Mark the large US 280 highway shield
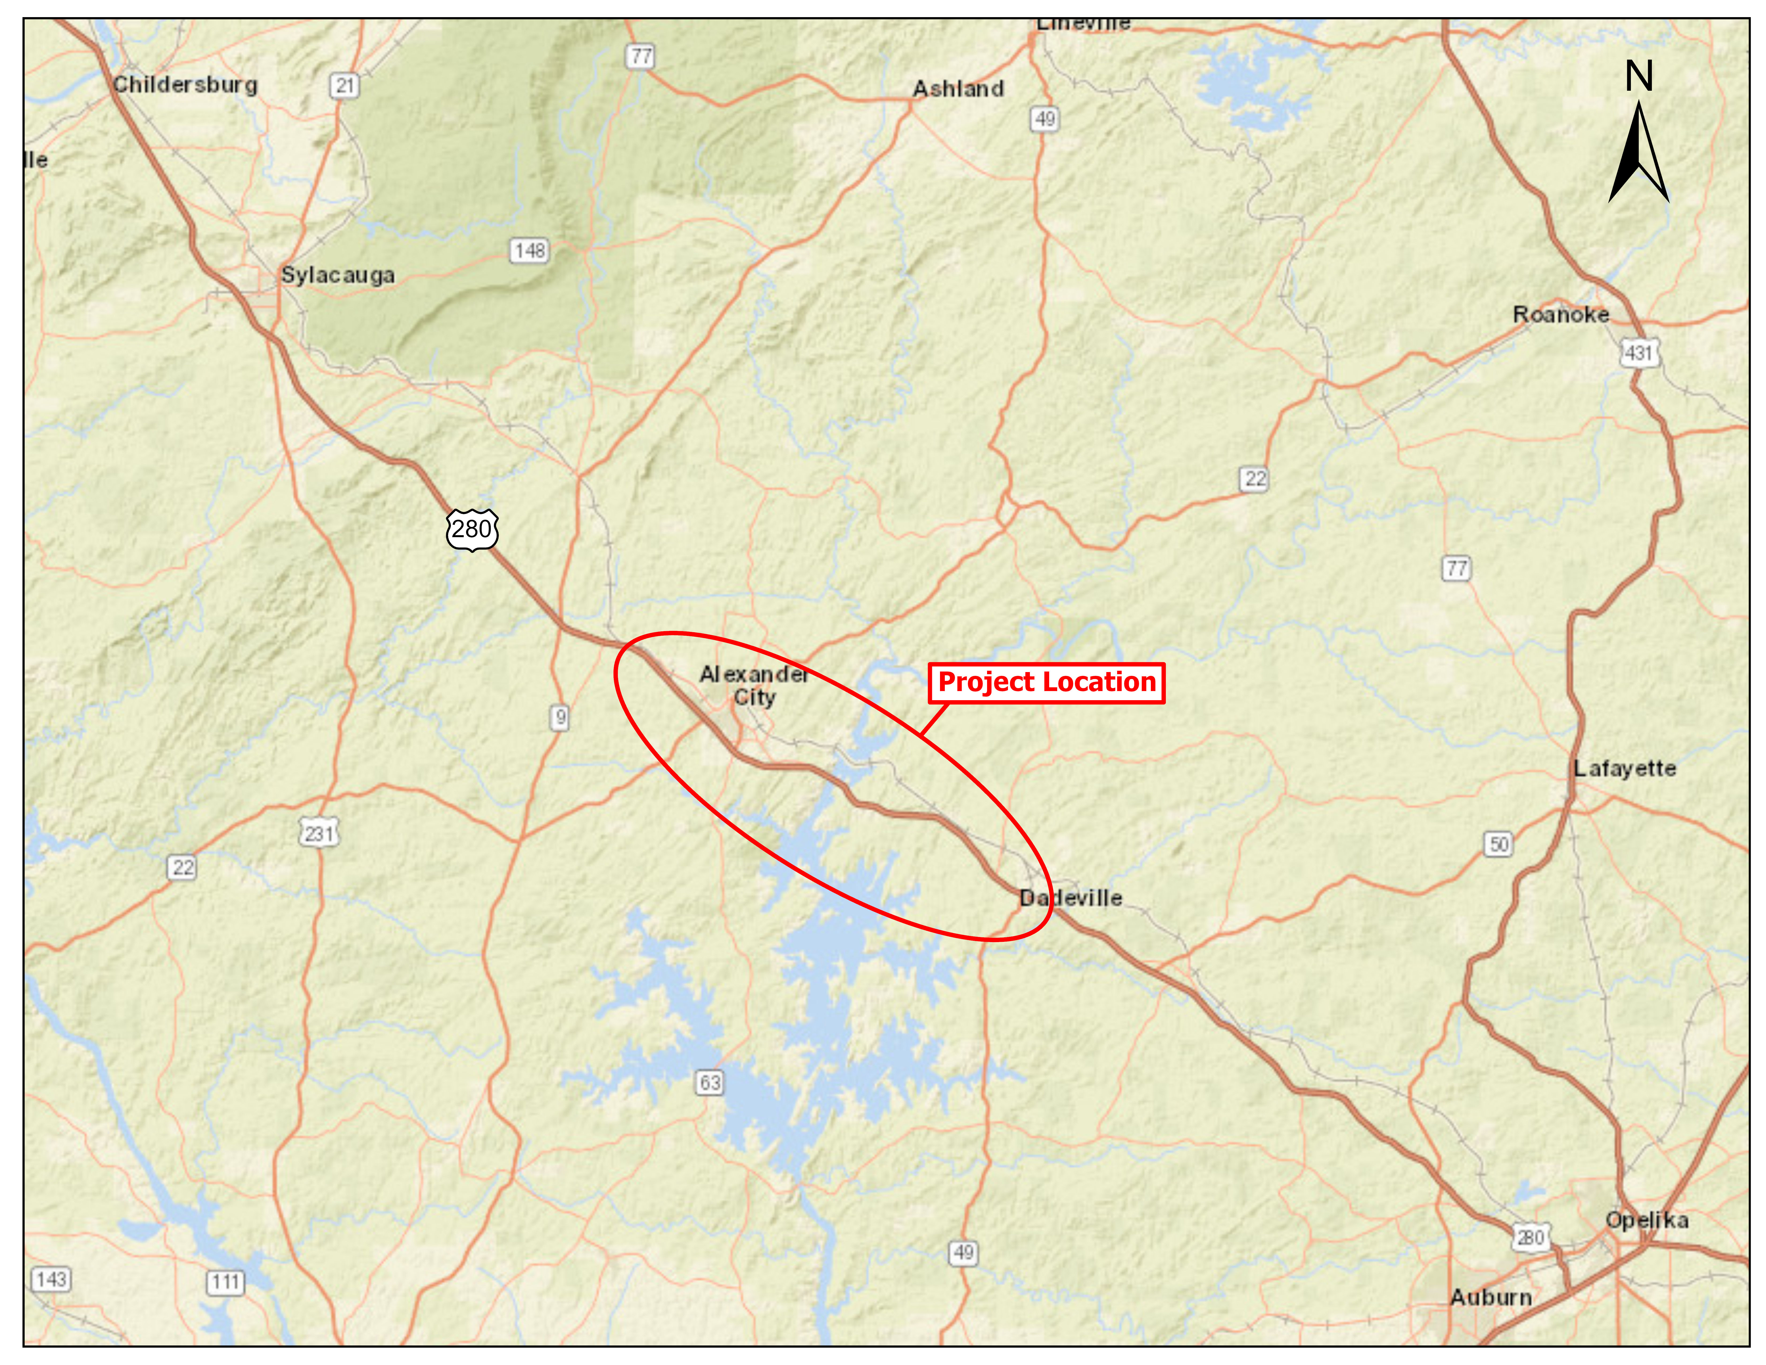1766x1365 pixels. point(472,530)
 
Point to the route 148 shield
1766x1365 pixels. point(530,251)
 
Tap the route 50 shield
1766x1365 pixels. point(1498,844)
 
